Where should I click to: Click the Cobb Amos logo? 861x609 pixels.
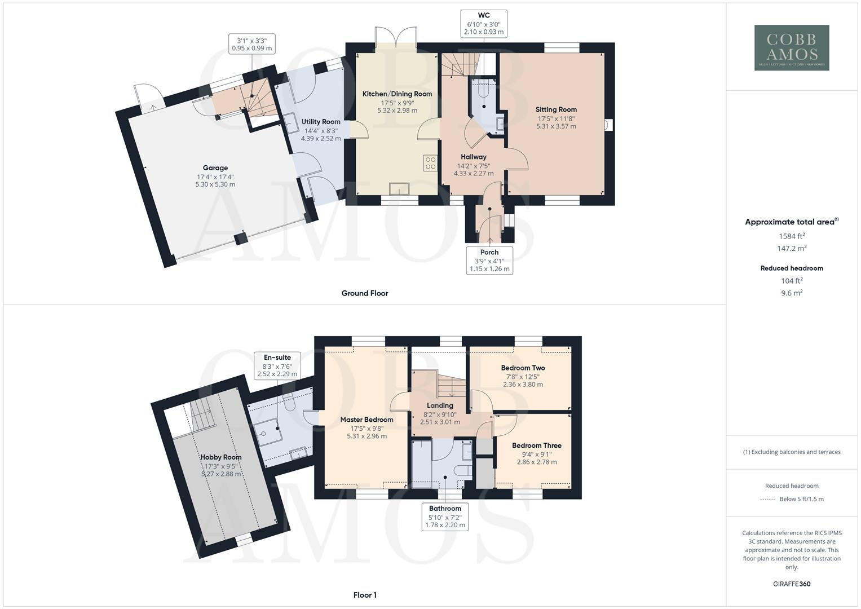[792, 47]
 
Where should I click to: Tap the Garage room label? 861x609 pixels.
[215, 167]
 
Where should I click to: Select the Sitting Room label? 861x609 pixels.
[556, 109]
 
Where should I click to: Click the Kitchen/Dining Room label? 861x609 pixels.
[397, 94]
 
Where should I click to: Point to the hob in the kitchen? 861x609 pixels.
[431, 162]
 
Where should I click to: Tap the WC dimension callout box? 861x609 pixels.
[483, 24]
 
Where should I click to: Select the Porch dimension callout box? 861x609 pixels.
[489, 261]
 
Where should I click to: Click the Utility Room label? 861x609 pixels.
[321, 122]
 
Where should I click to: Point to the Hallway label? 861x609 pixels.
[474, 157]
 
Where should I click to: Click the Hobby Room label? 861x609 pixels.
[221, 457]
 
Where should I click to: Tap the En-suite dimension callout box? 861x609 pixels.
[277, 365]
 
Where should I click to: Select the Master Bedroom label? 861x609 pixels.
[367, 420]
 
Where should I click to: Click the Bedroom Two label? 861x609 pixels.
[523, 368]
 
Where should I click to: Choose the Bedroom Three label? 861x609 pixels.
[537, 445]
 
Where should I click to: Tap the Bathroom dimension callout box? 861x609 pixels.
[445, 517]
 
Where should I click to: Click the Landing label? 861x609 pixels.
[440, 405]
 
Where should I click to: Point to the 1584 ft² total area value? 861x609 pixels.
[792, 236]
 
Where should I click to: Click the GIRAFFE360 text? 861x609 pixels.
[792, 584]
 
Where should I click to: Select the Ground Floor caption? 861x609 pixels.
[365, 293]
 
